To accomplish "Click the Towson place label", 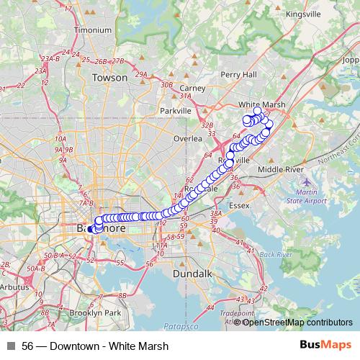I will coord(110,77).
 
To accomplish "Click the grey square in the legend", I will coord(10,346).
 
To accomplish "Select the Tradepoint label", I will coord(236,312).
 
